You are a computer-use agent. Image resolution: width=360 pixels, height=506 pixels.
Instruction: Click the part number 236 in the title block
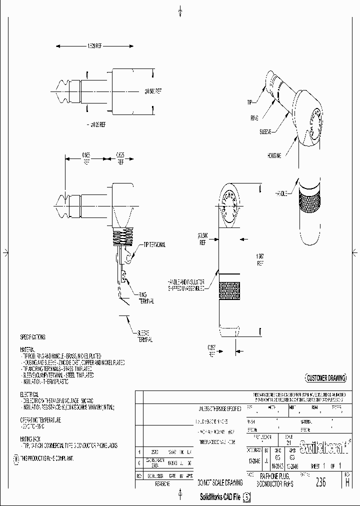[x=320, y=482]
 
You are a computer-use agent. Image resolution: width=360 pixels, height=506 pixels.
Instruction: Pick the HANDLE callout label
[x=281, y=193]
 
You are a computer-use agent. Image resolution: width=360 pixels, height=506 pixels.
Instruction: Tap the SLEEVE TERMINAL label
[x=145, y=335]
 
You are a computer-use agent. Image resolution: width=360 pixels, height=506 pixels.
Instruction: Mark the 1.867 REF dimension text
[x=259, y=258]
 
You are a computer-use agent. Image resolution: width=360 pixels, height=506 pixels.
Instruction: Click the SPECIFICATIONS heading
[x=32, y=337]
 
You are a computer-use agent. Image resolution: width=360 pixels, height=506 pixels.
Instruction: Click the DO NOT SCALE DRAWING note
[x=220, y=482]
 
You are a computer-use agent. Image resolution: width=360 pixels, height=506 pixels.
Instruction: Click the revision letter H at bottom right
[x=347, y=482]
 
